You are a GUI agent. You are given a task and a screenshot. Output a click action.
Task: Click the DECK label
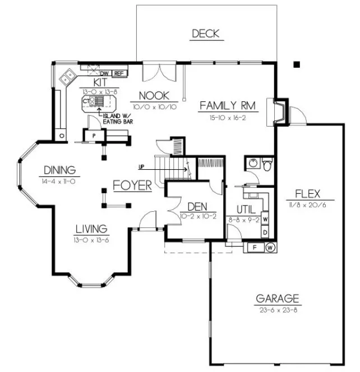(x=205, y=34)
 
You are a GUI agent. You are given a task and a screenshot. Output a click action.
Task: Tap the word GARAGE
(x=278, y=299)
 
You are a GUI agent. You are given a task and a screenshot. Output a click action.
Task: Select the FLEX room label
(x=307, y=194)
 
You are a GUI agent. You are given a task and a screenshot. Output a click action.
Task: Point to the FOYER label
(x=132, y=185)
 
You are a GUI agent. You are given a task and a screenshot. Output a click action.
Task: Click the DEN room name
(x=198, y=207)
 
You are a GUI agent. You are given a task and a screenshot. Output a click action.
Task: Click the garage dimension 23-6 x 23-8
(x=278, y=309)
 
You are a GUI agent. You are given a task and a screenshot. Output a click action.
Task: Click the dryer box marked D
(x=265, y=231)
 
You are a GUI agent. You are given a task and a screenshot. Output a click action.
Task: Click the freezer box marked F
(x=255, y=247)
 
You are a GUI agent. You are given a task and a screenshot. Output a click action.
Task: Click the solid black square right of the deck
(x=297, y=64)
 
